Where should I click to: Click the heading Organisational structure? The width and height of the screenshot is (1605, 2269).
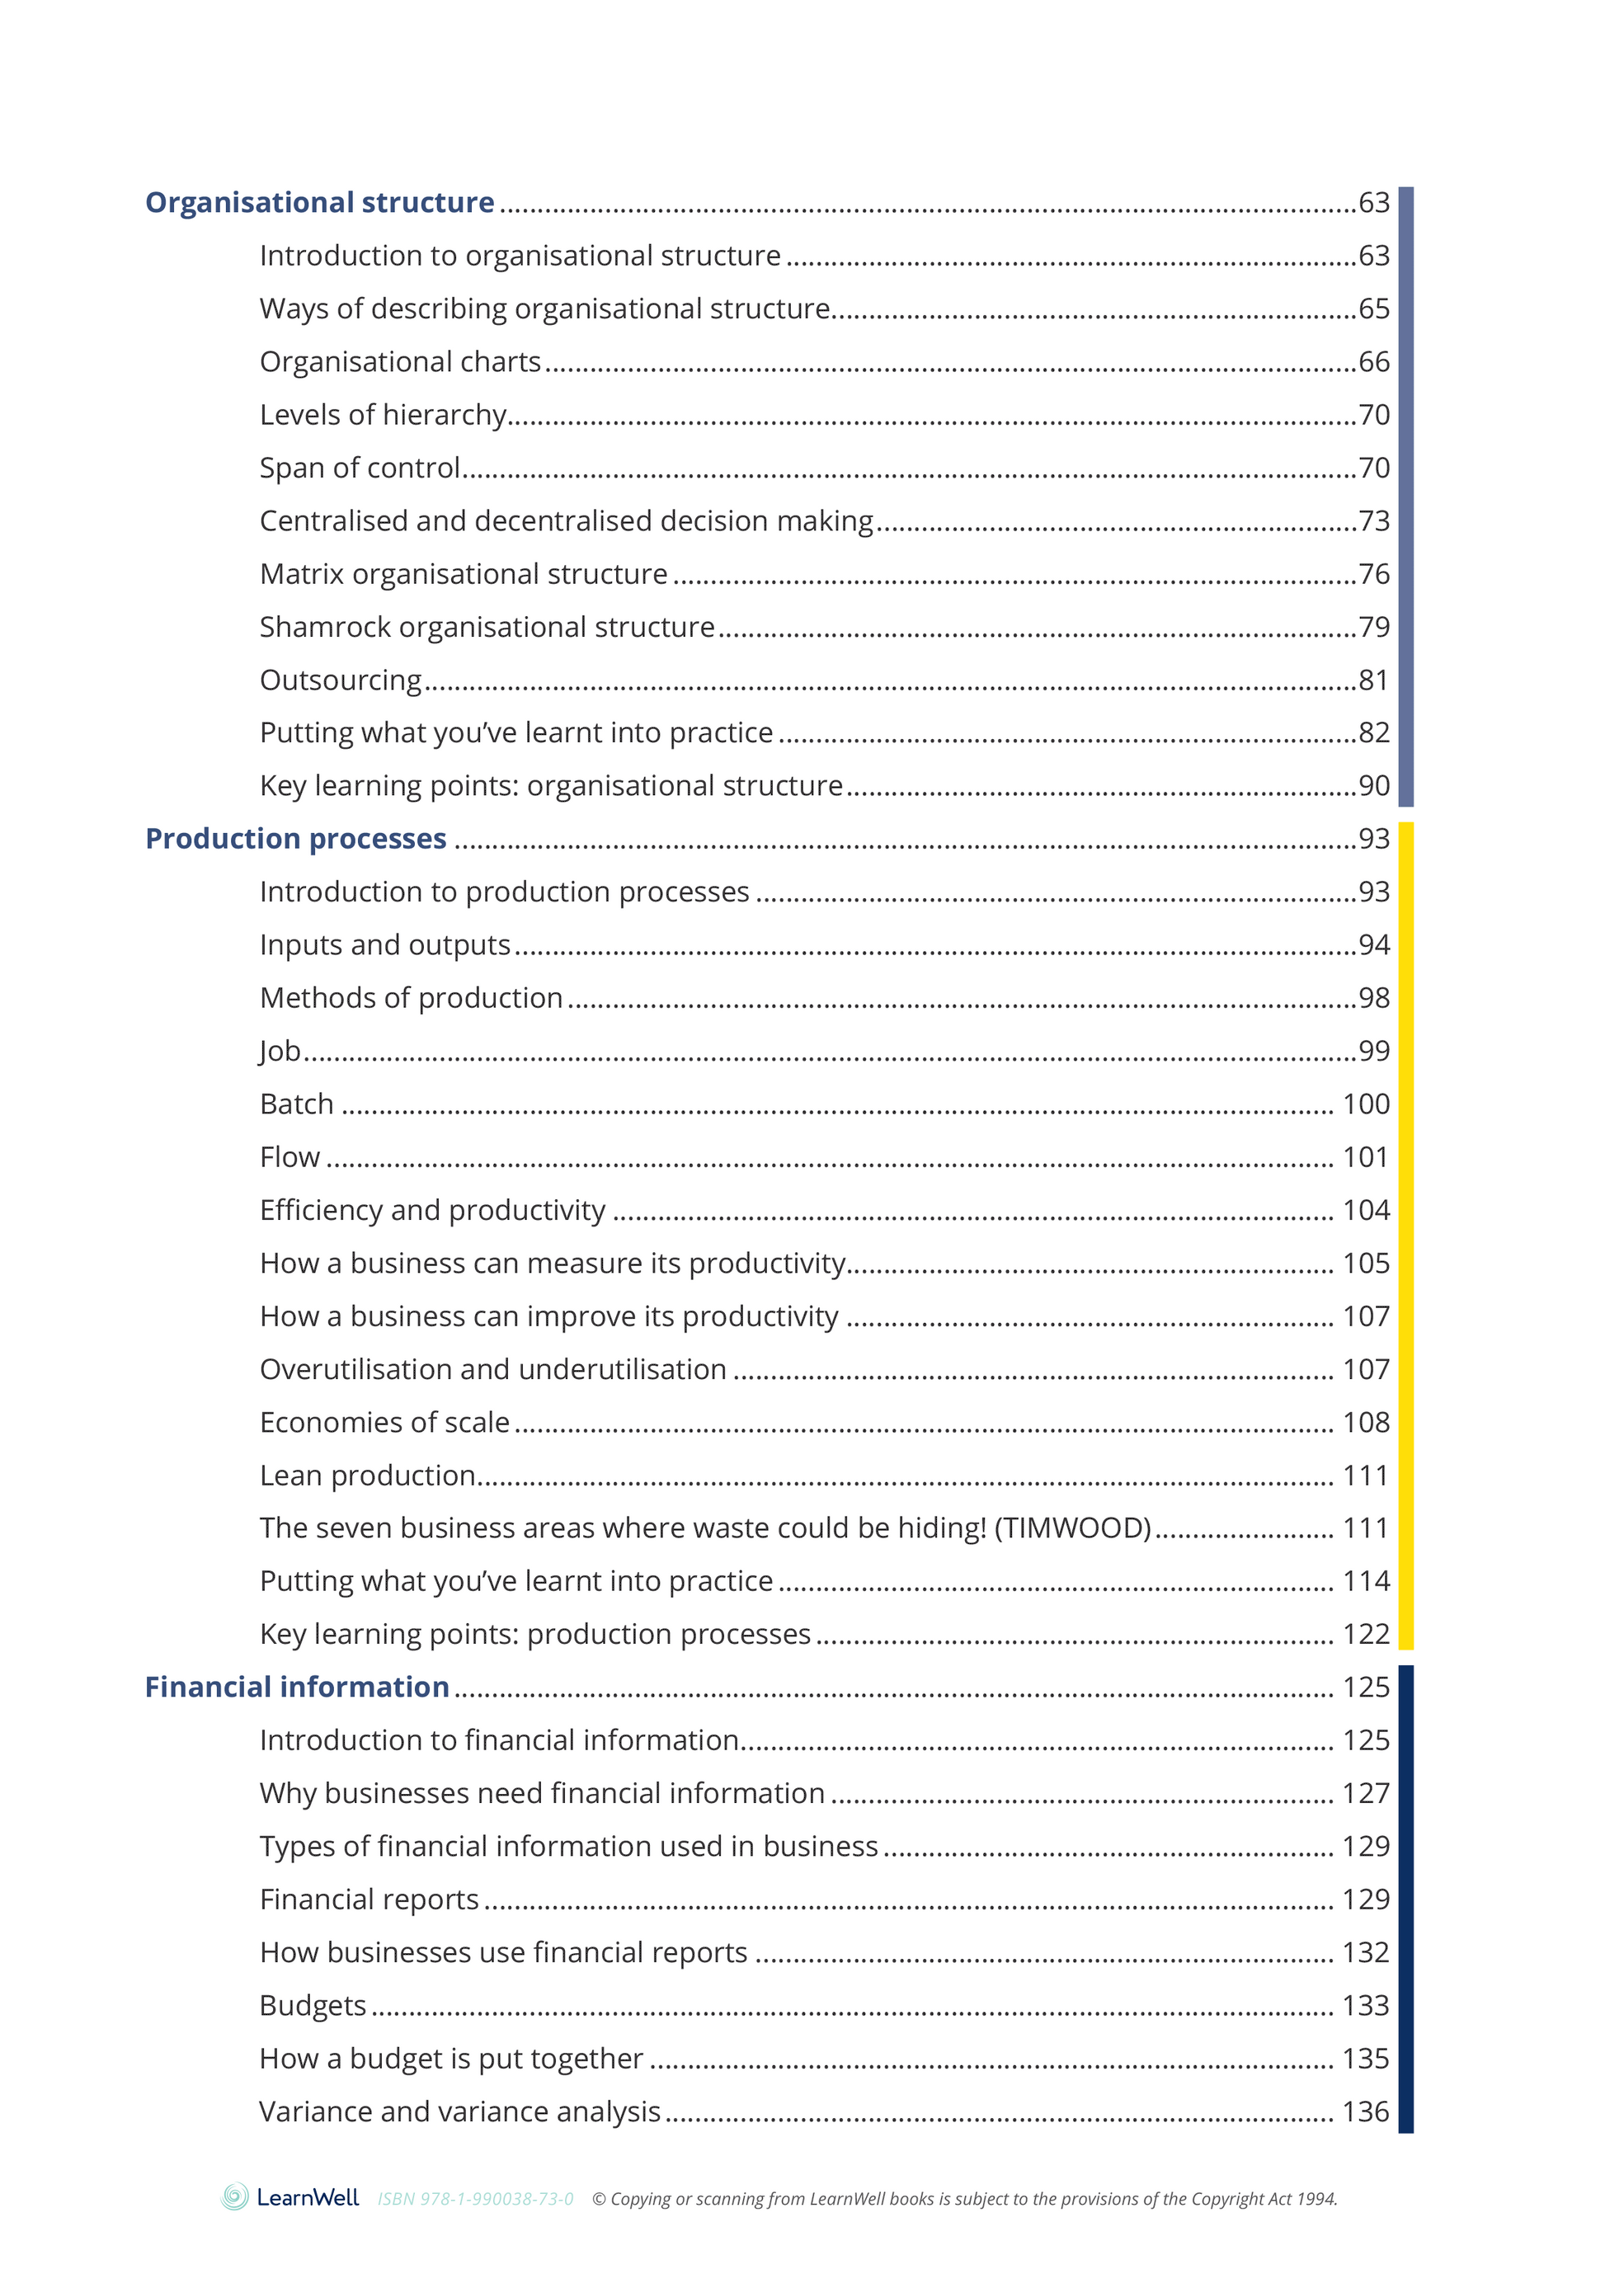319,203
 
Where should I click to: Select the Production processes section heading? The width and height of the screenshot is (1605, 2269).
295,839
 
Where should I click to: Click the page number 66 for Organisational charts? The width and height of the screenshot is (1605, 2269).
1374,362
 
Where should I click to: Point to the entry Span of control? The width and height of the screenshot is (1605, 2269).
360,468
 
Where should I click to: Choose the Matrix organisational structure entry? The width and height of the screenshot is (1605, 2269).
464,574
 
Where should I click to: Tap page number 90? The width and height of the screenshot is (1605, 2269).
1374,786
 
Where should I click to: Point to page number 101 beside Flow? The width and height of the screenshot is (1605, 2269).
1366,1157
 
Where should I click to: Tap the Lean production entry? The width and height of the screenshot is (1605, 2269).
368,1476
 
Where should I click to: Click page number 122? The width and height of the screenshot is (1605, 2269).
1366,1635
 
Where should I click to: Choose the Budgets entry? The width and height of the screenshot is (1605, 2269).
313,2005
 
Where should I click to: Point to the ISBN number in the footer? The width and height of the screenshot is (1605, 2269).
475,2199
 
